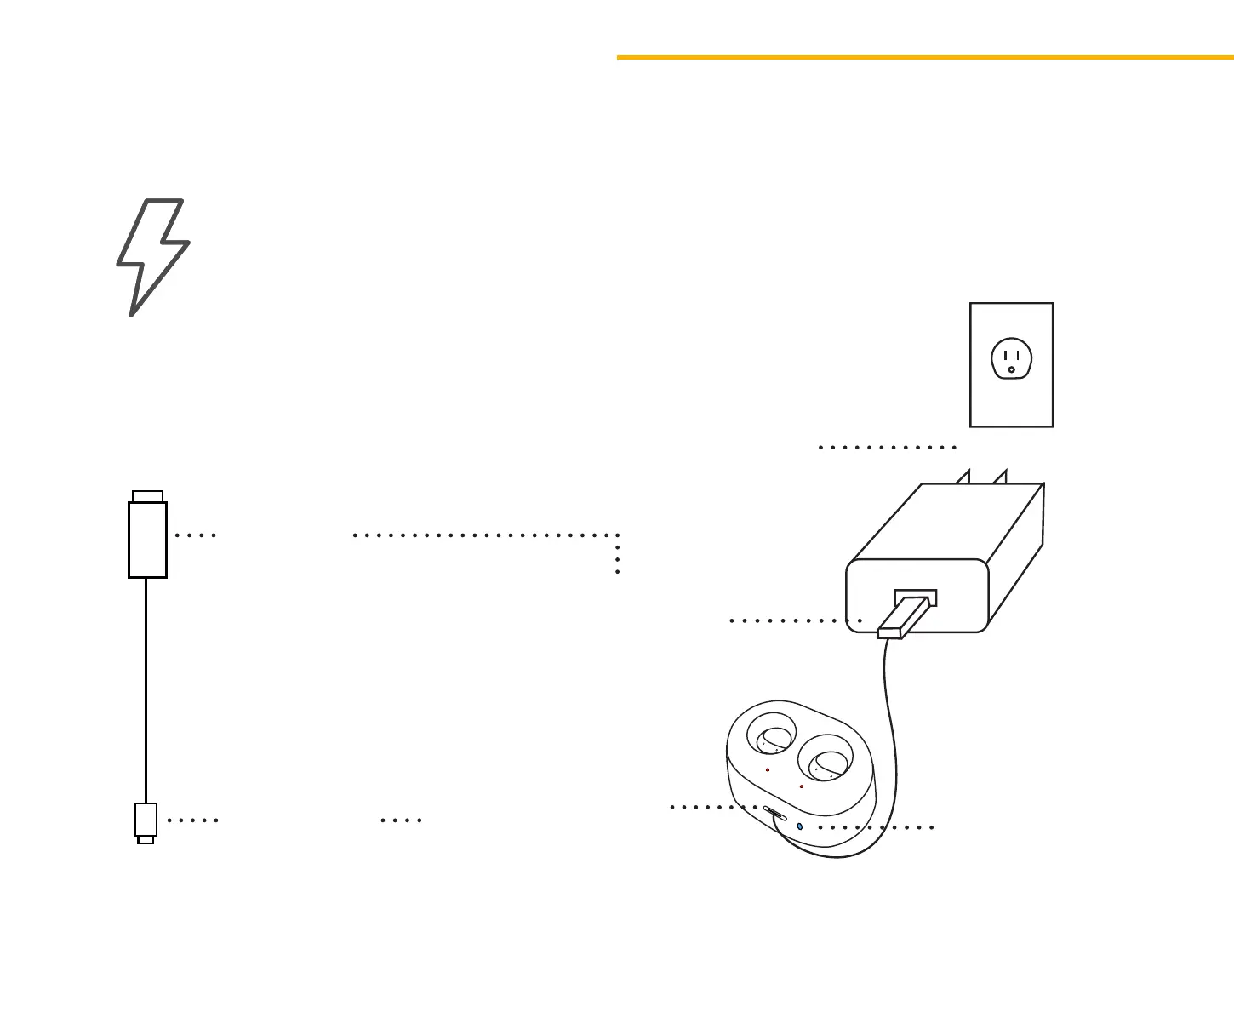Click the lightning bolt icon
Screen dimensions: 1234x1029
tap(152, 255)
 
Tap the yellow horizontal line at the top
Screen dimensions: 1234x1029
tap(925, 57)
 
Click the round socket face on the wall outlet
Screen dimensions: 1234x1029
tap(1011, 358)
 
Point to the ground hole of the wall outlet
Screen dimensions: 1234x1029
tap(1011, 370)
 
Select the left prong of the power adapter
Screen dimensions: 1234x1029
tap(963, 477)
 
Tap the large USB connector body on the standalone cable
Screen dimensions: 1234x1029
tap(147, 540)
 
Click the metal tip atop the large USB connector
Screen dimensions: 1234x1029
tap(148, 496)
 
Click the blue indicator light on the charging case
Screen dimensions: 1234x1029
tap(799, 826)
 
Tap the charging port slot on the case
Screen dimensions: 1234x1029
tap(774, 812)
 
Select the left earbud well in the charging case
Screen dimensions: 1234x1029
tap(772, 734)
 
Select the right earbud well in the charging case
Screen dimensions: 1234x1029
tap(825, 759)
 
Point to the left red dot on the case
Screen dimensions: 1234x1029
tap(768, 769)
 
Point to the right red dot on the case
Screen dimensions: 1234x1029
tap(802, 786)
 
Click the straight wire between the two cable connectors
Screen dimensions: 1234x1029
tap(146, 689)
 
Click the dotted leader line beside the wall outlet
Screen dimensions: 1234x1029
tap(888, 447)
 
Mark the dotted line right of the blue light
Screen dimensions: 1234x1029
tap(876, 827)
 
